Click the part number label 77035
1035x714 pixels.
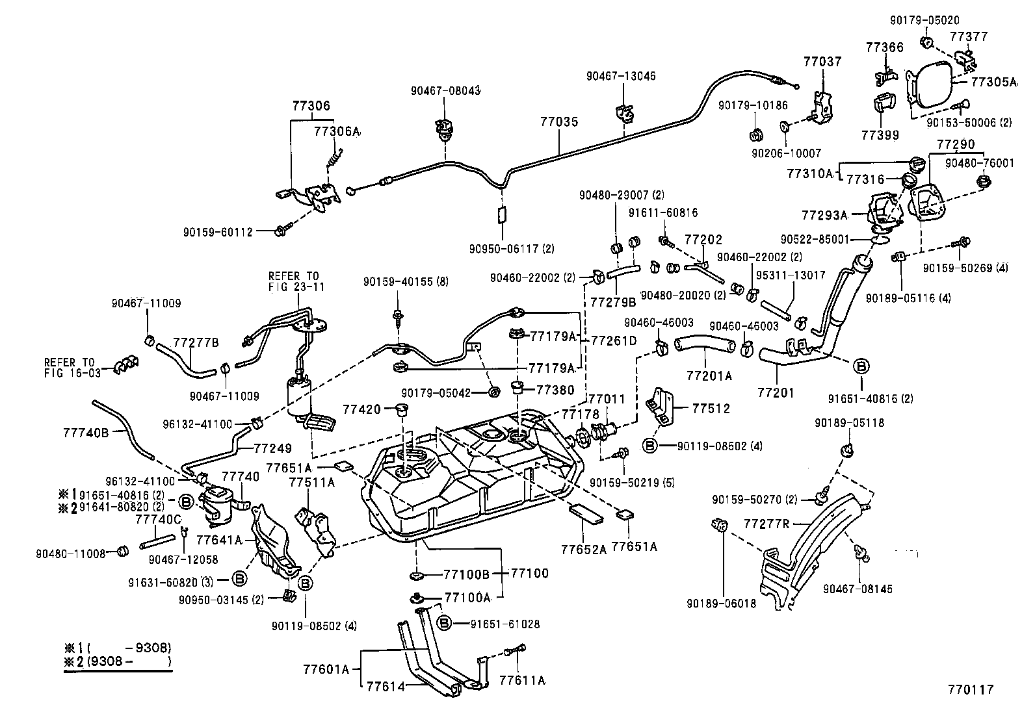pyautogui.click(x=558, y=122)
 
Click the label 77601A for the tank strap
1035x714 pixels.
pyautogui.click(x=326, y=669)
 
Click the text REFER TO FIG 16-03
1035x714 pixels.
pyautogui.click(x=69, y=367)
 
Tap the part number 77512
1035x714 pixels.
pyautogui.click(x=711, y=409)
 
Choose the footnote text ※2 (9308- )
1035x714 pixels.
pyautogui.click(x=117, y=662)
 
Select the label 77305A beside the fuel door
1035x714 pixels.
pyautogui.click(x=993, y=82)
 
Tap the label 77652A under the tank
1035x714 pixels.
pyautogui.click(x=583, y=548)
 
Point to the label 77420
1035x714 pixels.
pyautogui.click(x=361, y=409)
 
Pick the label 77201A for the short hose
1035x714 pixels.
pyautogui.click(x=709, y=376)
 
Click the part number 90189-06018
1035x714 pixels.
pyautogui.click(x=721, y=604)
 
